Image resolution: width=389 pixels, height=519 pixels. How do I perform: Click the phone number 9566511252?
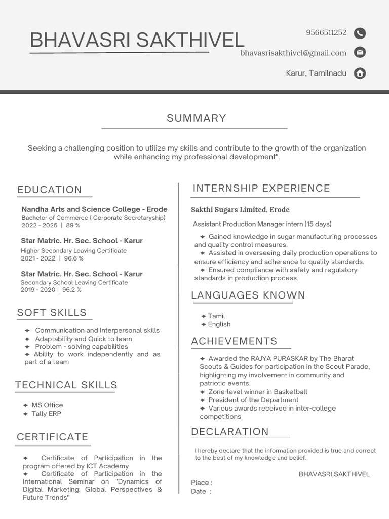click(326, 33)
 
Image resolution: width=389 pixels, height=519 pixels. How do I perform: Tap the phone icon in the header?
click(360, 33)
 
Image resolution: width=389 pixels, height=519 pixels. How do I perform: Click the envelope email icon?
click(360, 52)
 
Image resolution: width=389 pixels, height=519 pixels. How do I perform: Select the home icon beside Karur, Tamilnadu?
click(360, 73)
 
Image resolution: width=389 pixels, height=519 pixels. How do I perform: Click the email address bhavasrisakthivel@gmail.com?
click(293, 53)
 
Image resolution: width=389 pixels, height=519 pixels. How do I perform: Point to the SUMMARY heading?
click(197, 118)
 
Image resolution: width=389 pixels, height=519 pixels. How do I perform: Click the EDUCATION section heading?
click(50, 190)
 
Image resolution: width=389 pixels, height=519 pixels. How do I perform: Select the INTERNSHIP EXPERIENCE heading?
click(261, 188)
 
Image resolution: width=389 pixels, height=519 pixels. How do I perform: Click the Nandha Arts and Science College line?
click(94, 209)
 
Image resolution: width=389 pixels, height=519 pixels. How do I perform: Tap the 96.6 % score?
click(74, 258)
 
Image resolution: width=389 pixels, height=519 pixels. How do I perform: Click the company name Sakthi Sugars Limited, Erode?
click(240, 210)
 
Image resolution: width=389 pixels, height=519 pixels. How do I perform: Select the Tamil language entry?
click(216, 316)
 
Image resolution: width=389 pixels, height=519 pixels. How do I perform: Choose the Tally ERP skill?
click(46, 414)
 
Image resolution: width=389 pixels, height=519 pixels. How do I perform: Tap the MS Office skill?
click(47, 405)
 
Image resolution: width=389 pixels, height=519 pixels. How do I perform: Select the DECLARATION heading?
click(230, 432)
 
